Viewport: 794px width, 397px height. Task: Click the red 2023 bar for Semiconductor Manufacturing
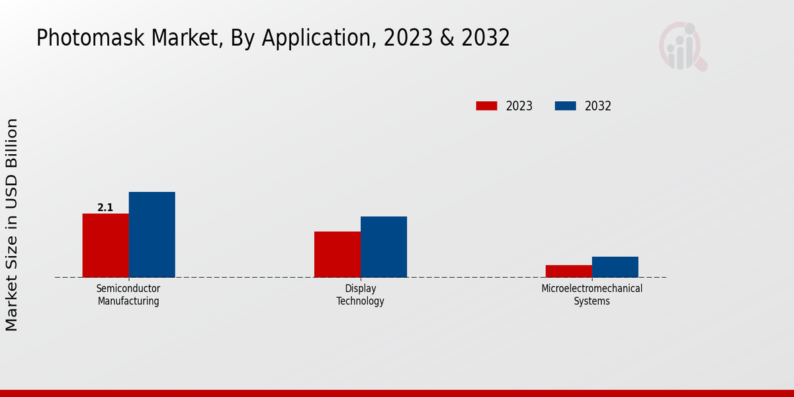(105, 245)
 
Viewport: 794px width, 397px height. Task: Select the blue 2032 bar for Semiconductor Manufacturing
(152, 235)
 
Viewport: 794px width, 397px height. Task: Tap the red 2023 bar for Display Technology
(337, 255)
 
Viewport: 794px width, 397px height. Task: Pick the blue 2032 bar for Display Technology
(384, 247)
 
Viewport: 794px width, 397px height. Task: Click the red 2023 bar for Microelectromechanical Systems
(568, 271)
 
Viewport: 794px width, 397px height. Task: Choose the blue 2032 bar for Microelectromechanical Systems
(615, 267)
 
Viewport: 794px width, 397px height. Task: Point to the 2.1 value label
(105, 208)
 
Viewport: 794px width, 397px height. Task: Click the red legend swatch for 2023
(486, 106)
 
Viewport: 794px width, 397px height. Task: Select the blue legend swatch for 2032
(565, 106)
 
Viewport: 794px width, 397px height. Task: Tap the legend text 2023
(519, 106)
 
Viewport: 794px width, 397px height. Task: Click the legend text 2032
(598, 106)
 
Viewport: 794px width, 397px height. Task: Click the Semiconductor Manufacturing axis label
(128, 295)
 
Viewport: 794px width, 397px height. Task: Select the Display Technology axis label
(360, 295)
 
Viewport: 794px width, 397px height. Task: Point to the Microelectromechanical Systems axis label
(592, 295)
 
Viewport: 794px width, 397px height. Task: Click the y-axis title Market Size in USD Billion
(12, 225)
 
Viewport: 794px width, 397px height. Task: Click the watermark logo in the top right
(682, 46)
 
